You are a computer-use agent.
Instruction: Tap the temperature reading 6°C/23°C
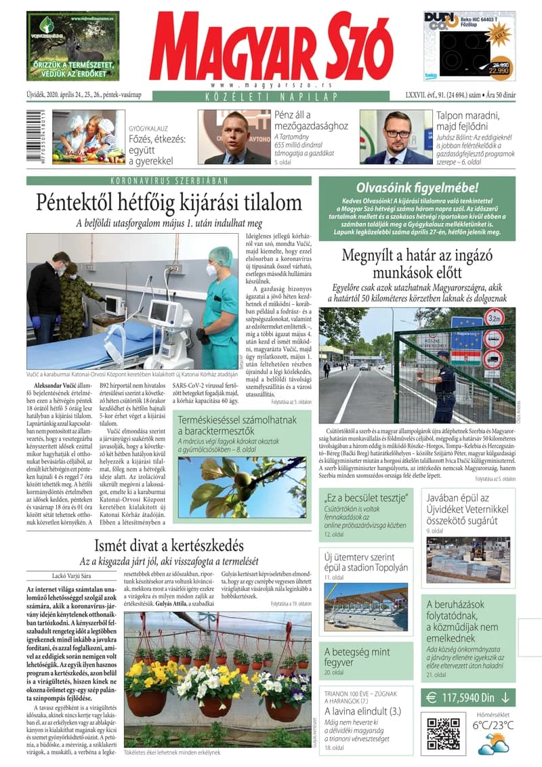493,725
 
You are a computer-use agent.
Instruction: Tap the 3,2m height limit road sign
493,318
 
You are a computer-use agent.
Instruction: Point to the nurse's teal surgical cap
220,255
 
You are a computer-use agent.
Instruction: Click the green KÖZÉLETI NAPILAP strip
270,96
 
